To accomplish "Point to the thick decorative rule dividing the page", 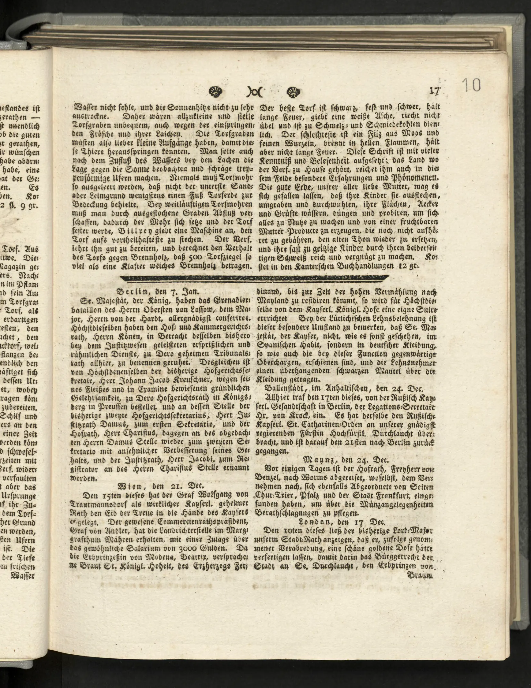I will [x=255, y=278].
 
